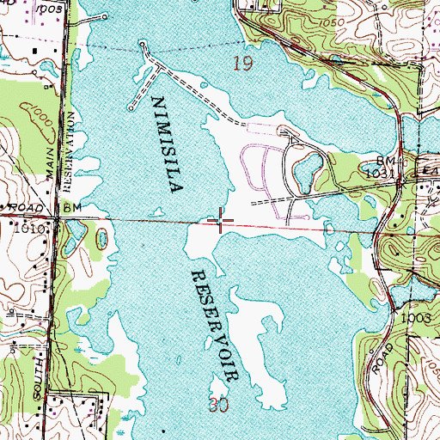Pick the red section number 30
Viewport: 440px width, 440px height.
pyautogui.click(x=218, y=403)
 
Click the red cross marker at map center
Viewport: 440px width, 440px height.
pyautogui.click(x=221, y=223)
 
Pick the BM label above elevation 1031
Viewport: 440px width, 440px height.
pyautogui.click(x=388, y=161)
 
